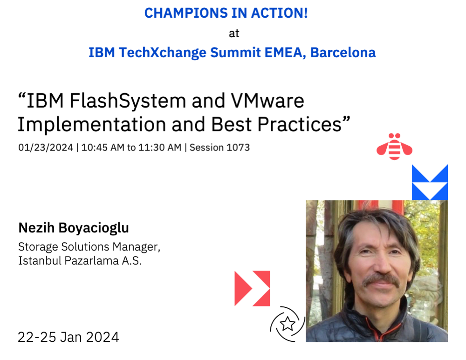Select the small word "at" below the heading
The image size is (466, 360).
[233, 33]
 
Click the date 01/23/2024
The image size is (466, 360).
[46, 148]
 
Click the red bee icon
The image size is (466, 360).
[394, 146]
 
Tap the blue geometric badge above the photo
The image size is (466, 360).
[430, 182]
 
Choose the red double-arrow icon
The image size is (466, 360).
[252, 288]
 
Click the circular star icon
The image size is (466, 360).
[288, 324]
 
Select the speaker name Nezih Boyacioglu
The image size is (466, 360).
[74, 228]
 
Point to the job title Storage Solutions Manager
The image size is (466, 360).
[89, 246]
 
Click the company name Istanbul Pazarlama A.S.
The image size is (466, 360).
[80, 260]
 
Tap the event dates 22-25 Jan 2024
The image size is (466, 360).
[69, 336]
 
